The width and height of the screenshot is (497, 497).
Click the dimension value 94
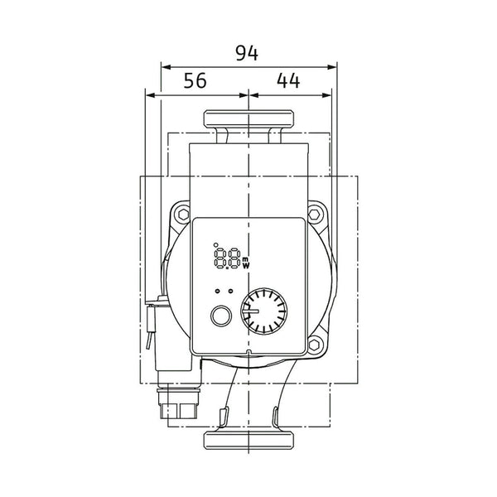[x=247, y=53]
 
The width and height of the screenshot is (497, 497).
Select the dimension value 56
[x=195, y=80]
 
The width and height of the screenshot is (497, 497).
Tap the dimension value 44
[x=288, y=80]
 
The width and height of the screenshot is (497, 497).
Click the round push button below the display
[x=221, y=316]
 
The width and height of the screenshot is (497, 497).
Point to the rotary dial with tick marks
[x=264, y=311]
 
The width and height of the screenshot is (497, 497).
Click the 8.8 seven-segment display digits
[x=228, y=258]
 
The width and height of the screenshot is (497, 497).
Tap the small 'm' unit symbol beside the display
[x=246, y=259]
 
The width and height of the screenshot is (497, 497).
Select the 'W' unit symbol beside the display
[x=246, y=265]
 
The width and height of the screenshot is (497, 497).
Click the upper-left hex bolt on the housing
[x=184, y=215]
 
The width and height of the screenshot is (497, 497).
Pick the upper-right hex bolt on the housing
[x=314, y=215]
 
